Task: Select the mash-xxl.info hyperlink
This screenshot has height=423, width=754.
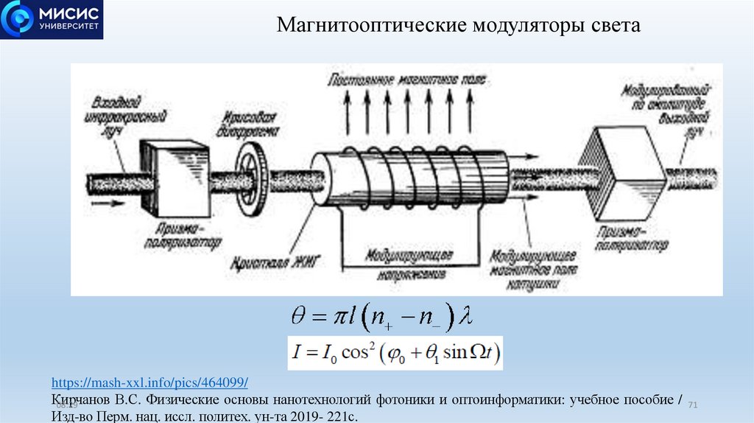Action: (x=149, y=383)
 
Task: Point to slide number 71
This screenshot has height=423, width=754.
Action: (x=692, y=406)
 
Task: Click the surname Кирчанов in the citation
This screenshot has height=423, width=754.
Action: (x=82, y=400)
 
